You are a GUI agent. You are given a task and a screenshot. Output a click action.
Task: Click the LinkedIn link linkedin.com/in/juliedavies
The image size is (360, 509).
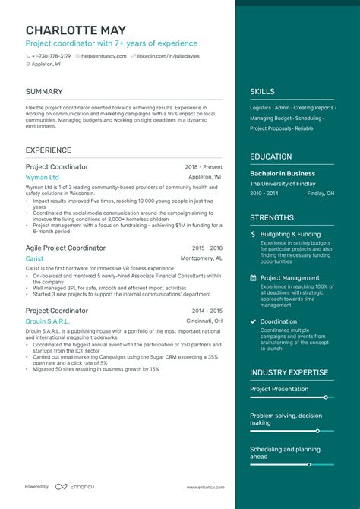tap(175, 55)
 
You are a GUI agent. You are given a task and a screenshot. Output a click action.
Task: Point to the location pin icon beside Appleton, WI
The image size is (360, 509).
tap(27, 65)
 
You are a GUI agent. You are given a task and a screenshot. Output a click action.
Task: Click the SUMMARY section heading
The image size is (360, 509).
tap(44, 92)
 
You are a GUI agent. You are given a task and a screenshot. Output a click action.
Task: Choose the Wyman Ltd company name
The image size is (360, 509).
tap(42, 177)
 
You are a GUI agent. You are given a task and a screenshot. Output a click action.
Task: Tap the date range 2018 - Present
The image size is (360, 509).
tap(204, 166)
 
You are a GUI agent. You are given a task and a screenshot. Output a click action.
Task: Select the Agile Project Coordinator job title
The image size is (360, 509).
tap(65, 248)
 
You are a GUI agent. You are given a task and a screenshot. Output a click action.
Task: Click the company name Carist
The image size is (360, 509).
tap(34, 258)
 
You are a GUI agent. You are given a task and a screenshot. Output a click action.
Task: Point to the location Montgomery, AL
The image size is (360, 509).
tap(201, 258)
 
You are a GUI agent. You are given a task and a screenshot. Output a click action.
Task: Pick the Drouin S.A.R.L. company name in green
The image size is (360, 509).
tap(48, 321)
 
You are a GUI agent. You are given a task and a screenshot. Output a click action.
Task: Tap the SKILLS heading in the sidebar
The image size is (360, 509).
tap(262, 92)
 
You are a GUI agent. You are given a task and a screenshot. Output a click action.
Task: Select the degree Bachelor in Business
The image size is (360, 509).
tap(283, 173)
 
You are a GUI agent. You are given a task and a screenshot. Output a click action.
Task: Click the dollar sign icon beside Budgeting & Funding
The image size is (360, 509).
tap(253, 235)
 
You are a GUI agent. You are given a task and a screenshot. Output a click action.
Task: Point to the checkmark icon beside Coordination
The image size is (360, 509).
tap(253, 321)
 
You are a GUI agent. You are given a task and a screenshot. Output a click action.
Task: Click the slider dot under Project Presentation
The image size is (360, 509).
tap(326, 397)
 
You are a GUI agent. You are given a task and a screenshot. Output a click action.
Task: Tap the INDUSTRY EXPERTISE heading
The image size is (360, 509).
tap(289, 373)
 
